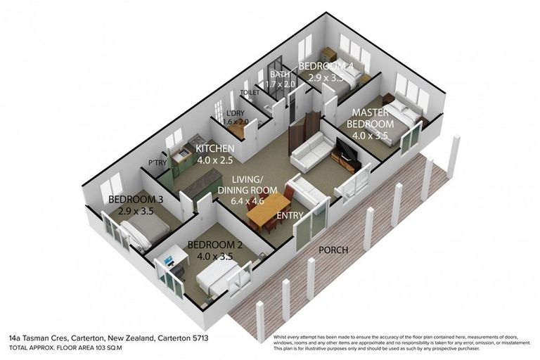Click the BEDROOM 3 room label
point(136,200)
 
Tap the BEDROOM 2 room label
point(214,245)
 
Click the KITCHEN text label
point(215,149)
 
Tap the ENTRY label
point(291,215)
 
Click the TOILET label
point(250,92)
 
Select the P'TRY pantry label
point(156,163)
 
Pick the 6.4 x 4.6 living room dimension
point(241,201)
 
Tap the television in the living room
point(347,150)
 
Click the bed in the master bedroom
point(401,112)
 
